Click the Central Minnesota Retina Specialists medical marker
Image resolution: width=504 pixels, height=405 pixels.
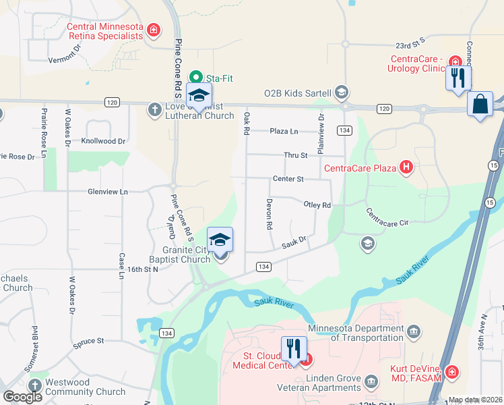[x=154, y=30]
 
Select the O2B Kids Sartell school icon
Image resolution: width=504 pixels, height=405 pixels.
[x=342, y=92]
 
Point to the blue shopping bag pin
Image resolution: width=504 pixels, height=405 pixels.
[x=479, y=105]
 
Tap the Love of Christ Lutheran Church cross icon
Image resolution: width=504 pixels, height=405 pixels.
[x=154, y=107]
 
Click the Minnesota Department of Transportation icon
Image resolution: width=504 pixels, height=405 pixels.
[x=414, y=331]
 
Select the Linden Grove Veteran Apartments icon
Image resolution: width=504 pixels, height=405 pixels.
[x=371, y=383]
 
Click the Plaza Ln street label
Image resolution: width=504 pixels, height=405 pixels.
[x=284, y=131]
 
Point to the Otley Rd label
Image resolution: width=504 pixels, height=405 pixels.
[x=317, y=205]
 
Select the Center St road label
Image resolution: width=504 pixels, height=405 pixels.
[x=288, y=179]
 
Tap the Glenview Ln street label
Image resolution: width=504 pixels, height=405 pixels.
[x=107, y=192]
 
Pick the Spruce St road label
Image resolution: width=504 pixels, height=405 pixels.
[x=89, y=342]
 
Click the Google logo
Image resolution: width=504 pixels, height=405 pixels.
[x=23, y=397]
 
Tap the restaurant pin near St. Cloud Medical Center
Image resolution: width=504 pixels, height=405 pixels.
[x=293, y=349]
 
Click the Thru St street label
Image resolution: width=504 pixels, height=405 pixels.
[x=295, y=155]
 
